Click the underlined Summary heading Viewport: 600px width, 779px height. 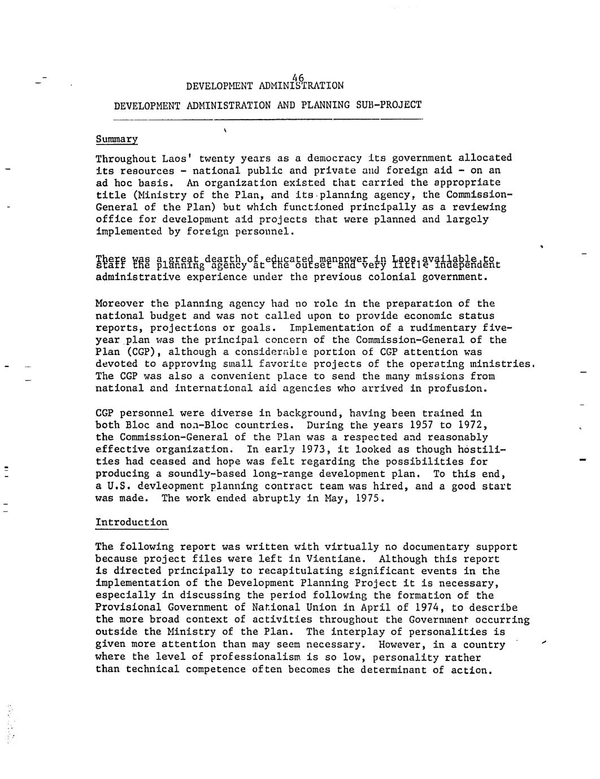pos(116,139)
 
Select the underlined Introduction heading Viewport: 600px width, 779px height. pos(131,522)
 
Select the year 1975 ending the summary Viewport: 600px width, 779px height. pos(369,498)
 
